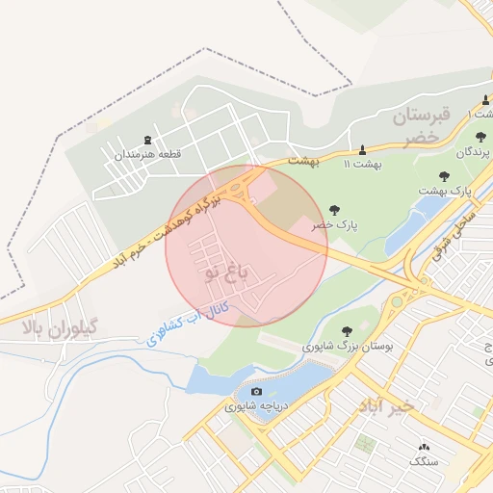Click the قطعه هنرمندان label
click(148, 154)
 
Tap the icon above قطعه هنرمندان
click(147, 141)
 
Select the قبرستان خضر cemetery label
click(421, 126)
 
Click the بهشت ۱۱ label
click(363, 164)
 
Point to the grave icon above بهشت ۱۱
click(362, 149)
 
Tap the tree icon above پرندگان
click(480, 136)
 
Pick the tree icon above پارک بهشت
click(444, 176)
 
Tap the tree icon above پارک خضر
click(334, 209)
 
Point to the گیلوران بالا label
click(59, 327)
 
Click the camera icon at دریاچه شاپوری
click(256, 391)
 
